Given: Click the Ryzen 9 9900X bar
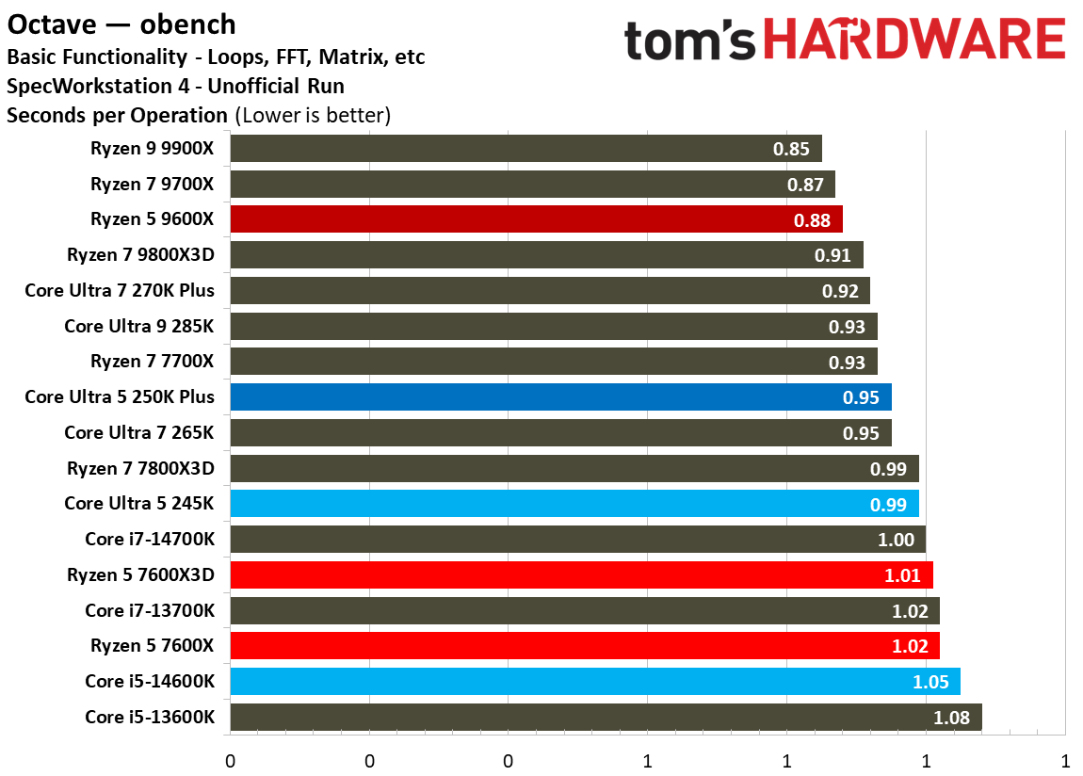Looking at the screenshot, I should (525, 149).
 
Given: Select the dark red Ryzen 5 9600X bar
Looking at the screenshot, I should (536, 219).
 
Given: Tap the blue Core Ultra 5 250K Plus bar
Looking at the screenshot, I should (560, 397).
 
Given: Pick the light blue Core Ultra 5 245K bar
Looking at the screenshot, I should (574, 504).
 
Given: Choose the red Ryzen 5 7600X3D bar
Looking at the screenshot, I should (581, 574).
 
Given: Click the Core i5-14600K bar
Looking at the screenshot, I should (594, 682).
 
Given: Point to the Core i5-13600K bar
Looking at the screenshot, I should (606, 718).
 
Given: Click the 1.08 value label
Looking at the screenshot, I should (952, 718).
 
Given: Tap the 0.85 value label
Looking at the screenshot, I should (791, 149).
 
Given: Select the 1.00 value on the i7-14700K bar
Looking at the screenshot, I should (896, 540).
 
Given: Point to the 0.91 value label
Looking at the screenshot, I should (832, 255).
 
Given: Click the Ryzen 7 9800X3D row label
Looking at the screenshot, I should (140, 255).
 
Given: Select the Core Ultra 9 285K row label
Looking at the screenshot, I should (139, 326).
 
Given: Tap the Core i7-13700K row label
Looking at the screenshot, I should (150, 610).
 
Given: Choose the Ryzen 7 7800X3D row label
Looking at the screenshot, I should (140, 468).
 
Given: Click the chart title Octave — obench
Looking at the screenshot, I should (121, 24).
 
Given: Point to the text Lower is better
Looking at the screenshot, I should (313, 116).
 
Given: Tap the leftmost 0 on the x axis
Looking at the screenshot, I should (230, 760).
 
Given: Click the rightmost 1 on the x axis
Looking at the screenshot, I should (1065, 760).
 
